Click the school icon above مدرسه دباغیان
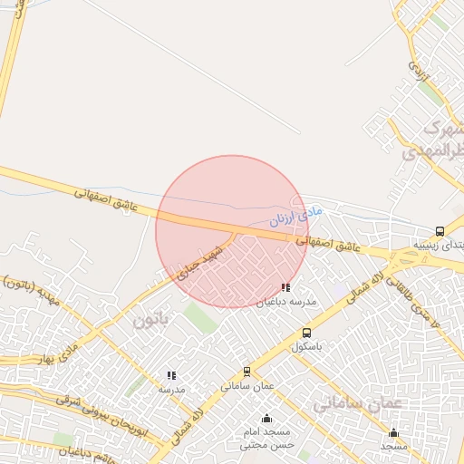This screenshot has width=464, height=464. coord(286,287)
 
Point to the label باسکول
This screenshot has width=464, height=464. coord(306,346)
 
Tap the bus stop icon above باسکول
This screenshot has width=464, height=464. coord(306,333)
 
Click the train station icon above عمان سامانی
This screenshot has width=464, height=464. coord(246,372)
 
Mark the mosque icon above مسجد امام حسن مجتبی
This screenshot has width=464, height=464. coord(266,418)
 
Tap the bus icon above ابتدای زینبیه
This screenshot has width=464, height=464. coord(440,231)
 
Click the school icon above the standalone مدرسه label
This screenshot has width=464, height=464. coord(171,375)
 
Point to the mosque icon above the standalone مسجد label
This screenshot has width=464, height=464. coord(393,432)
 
